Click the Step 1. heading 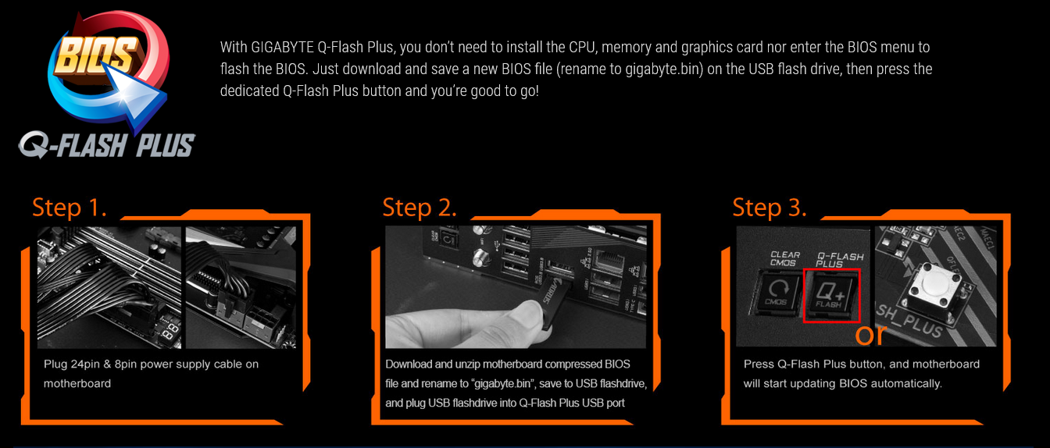click(69, 208)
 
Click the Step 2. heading click(419, 208)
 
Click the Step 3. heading click(769, 208)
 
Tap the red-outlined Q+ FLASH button click(831, 296)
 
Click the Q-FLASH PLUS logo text click(108, 145)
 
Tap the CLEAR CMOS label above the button click(784, 259)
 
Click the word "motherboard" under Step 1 click(77, 384)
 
